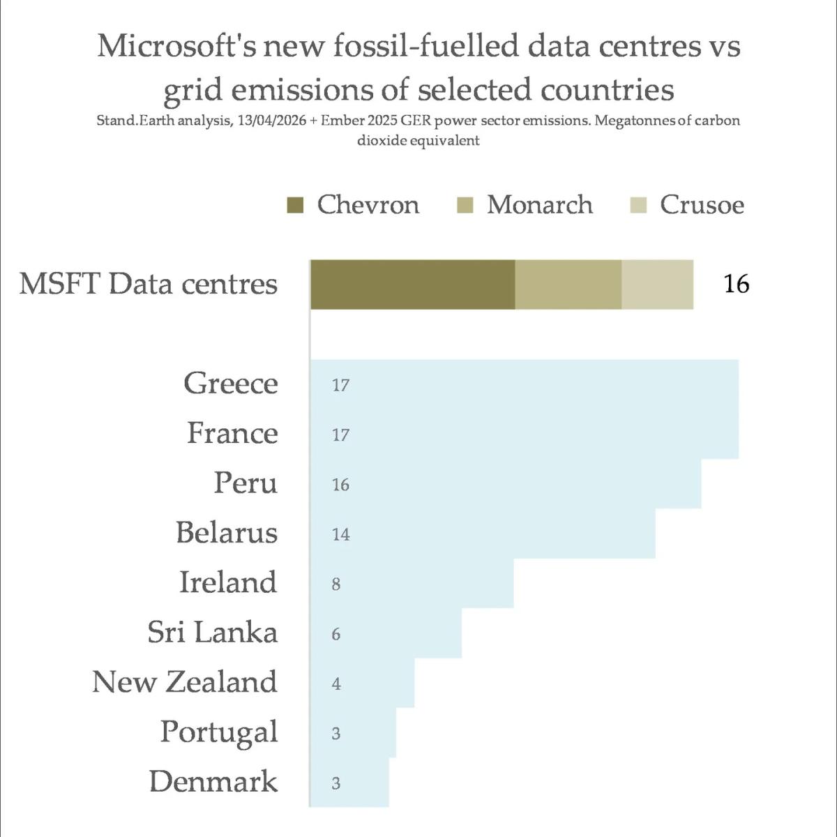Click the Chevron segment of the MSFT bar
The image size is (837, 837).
click(x=412, y=285)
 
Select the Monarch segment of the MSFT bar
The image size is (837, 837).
click(x=568, y=285)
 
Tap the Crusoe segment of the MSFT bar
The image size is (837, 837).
click(x=657, y=285)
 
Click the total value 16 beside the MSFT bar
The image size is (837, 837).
click(x=736, y=285)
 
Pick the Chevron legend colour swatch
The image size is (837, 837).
click(x=295, y=205)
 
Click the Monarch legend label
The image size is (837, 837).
click(x=539, y=205)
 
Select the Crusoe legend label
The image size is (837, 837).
click(x=702, y=205)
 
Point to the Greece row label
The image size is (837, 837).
click(x=231, y=384)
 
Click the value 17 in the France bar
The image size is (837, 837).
click(x=340, y=435)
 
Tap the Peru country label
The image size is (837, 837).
click(x=246, y=483)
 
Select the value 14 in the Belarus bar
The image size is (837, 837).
click(x=340, y=535)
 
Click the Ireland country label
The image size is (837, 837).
click(x=228, y=582)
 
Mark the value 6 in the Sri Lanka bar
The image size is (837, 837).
click(x=336, y=634)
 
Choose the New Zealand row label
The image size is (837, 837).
click(x=185, y=682)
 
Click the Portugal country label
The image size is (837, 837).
click(x=219, y=732)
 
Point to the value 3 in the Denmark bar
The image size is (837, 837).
click(x=336, y=783)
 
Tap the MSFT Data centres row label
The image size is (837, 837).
click(x=149, y=285)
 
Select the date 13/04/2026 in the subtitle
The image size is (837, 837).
click(x=268, y=121)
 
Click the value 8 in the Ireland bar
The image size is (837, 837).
click(x=336, y=585)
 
